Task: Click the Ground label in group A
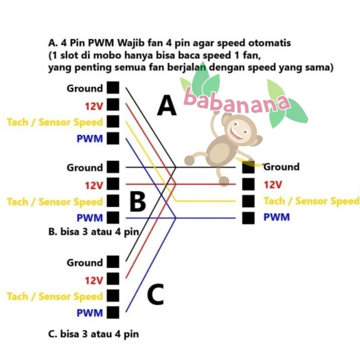84,89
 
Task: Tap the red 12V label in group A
94,107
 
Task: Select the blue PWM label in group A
90,139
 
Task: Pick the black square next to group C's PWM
114,312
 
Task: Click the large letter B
138,202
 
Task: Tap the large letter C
155,295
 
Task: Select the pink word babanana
236,100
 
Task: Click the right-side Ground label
281,167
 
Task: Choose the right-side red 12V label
273,184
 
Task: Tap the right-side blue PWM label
277,217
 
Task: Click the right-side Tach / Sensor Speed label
311,201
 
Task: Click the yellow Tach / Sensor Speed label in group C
55,296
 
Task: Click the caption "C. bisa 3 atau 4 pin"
93,334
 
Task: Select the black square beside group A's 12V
114,105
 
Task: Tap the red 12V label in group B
94,185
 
